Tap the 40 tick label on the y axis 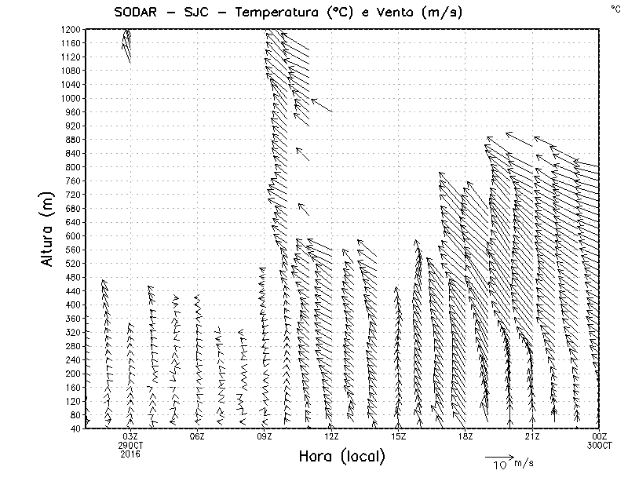point(75,428)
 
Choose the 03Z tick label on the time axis point(130,436)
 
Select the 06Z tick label point(197,436)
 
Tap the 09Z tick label point(265,436)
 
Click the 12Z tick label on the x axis point(331,436)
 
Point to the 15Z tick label point(398,436)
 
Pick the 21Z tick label point(532,436)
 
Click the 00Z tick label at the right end point(599,436)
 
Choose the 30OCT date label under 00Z point(599,445)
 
